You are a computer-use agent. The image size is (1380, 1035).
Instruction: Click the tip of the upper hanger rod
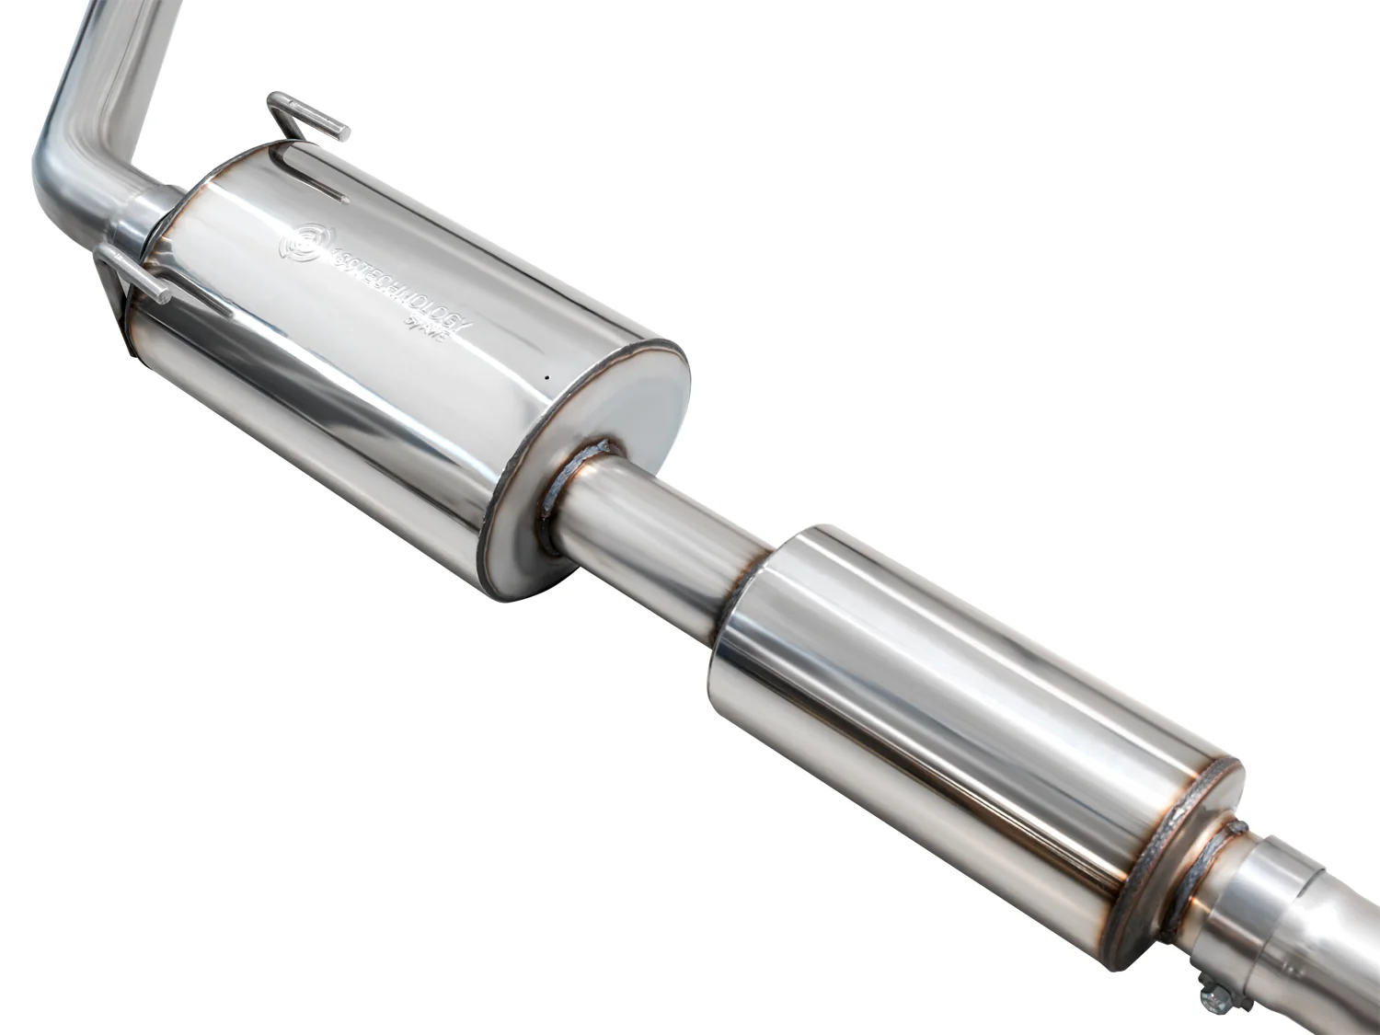click(341, 131)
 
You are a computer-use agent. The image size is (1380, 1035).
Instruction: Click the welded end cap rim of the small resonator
click(1182, 846)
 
